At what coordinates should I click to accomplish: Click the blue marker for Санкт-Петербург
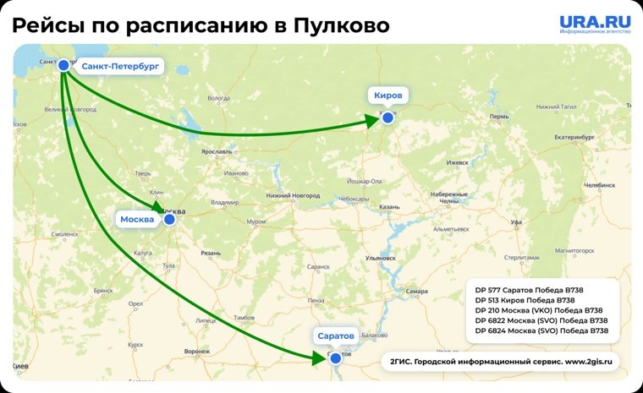(63, 65)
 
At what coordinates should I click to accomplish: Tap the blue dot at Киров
(387, 117)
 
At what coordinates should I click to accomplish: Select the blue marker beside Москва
(169, 220)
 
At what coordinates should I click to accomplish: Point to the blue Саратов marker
(336, 358)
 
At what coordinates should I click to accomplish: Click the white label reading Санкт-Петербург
(119, 65)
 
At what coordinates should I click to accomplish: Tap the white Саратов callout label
(336, 336)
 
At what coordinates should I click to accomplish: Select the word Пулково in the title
(342, 26)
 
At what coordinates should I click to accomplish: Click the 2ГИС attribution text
(500, 361)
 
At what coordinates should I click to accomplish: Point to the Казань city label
(389, 206)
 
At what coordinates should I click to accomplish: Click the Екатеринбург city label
(577, 137)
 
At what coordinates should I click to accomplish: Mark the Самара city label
(416, 292)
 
